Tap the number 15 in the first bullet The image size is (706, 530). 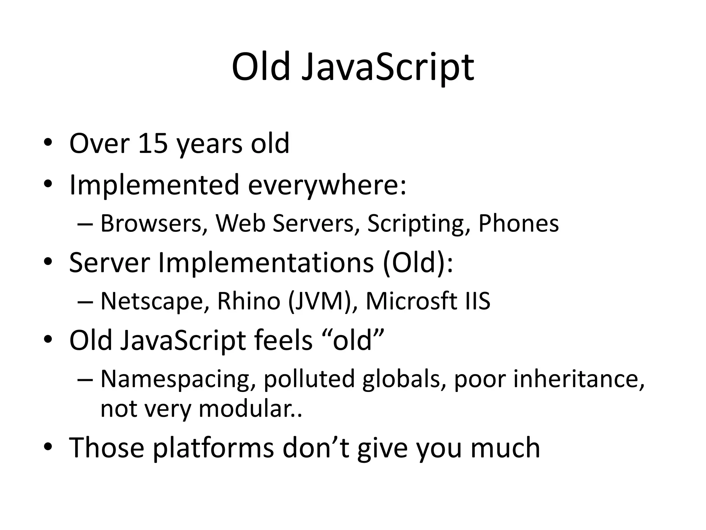(153, 143)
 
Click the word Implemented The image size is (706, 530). (154, 185)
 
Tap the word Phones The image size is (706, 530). (518, 223)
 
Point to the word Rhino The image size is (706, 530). (249, 301)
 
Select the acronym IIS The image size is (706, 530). (477, 301)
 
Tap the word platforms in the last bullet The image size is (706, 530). (213, 448)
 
